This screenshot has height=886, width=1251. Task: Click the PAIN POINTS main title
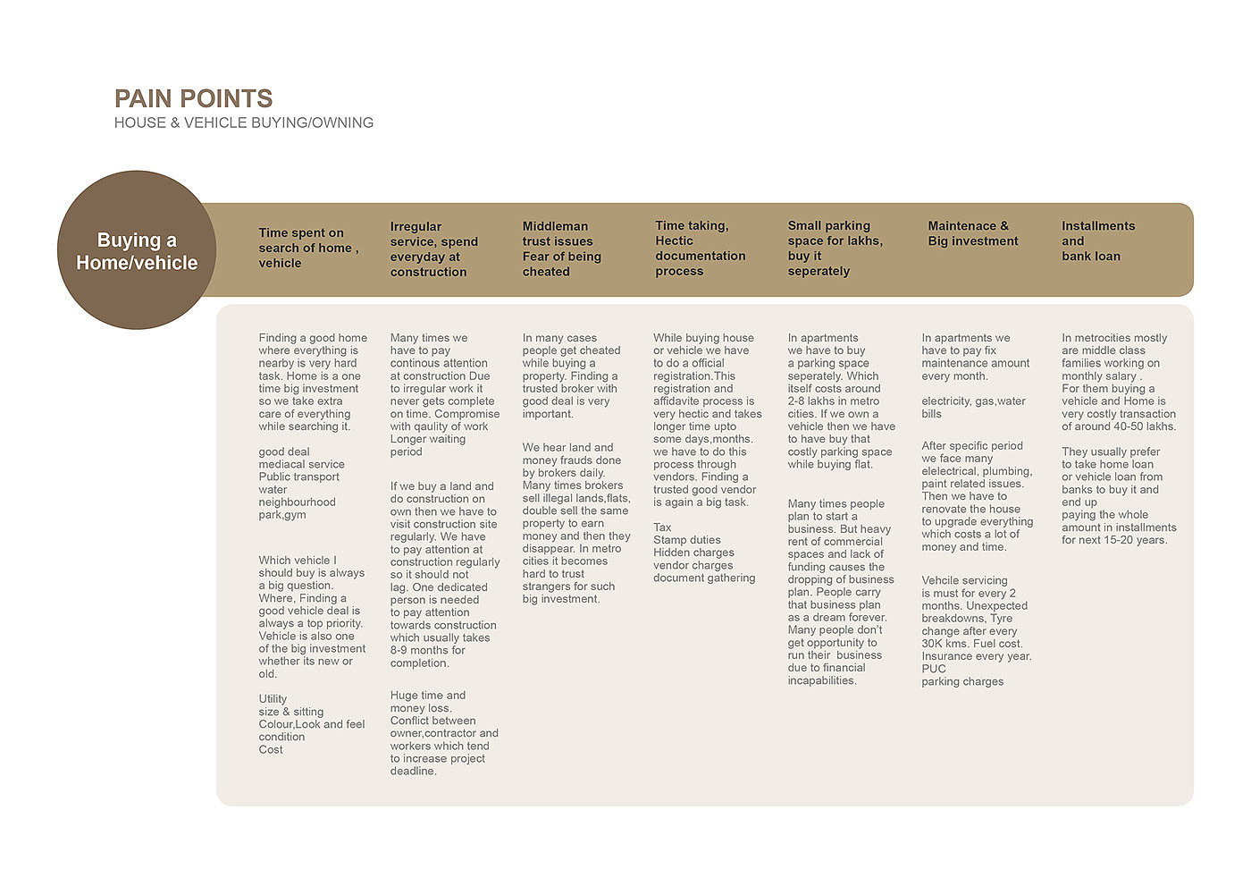click(193, 98)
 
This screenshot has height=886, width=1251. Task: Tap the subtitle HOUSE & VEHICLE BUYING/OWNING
click(243, 122)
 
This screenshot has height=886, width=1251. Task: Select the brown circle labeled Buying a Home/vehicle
click(137, 250)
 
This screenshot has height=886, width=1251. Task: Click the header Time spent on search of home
click(308, 248)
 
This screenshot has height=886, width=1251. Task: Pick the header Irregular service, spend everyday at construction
click(434, 249)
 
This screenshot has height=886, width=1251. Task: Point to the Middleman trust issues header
click(561, 249)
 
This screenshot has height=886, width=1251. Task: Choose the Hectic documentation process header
click(700, 249)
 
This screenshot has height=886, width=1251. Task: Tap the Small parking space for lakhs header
click(835, 248)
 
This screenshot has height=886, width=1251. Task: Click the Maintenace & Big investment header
click(972, 233)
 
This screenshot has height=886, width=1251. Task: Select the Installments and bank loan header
click(1097, 240)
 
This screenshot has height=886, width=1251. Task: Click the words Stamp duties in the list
click(686, 540)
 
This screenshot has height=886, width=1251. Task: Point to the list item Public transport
click(298, 477)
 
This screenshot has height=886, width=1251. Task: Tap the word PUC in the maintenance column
click(934, 669)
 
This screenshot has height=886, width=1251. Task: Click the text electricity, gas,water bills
click(973, 408)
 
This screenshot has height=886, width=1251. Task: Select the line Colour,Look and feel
click(311, 724)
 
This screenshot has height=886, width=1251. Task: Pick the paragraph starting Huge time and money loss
click(443, 733)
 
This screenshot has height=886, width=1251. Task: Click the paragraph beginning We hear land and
click(576, 523)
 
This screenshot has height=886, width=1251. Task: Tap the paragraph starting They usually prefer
click(1118, 495)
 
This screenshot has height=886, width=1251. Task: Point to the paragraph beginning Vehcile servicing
click(976, 630)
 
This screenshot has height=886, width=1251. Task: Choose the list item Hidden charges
click(693, 553)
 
